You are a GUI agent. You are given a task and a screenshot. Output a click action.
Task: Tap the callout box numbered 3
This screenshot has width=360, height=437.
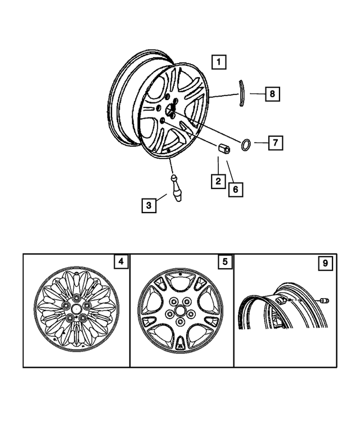point(148,206)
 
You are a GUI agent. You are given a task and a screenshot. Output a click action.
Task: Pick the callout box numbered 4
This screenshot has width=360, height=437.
point(120,262)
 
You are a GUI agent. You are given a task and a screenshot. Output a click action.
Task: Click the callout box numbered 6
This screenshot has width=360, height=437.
point(236,190)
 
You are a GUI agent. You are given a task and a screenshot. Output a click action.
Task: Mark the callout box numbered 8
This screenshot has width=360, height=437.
point(272,94)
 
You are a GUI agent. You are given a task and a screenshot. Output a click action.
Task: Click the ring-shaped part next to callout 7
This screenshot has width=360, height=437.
point(247,144)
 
